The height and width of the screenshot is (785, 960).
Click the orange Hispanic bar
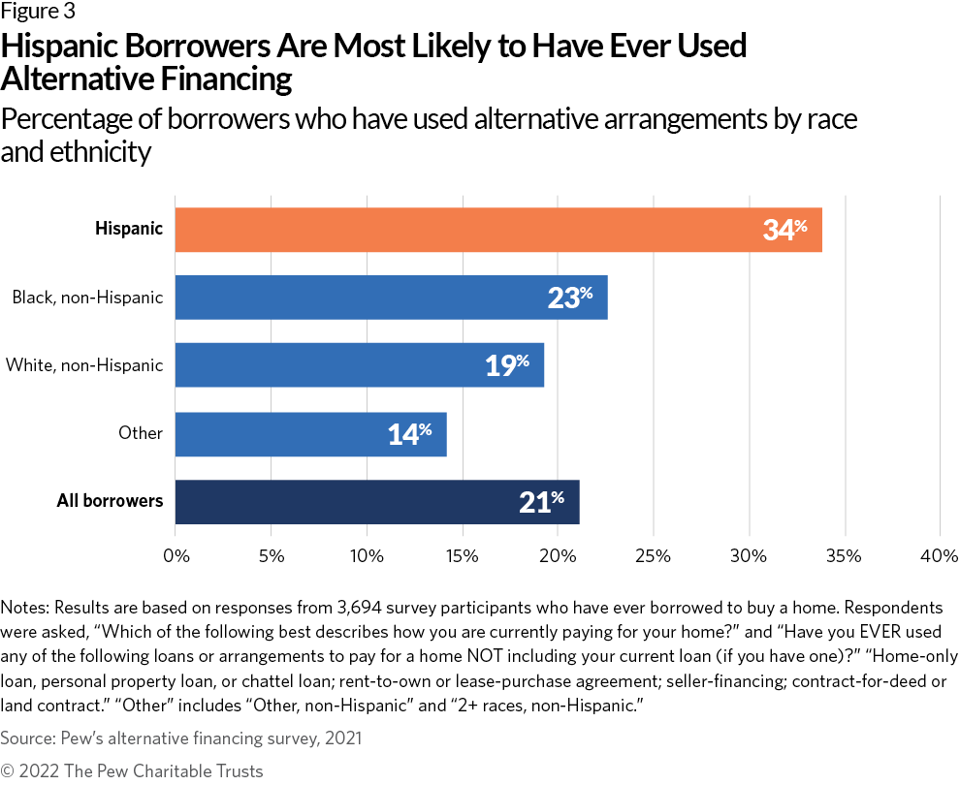(498, 230)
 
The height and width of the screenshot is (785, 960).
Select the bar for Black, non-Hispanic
(391, 298)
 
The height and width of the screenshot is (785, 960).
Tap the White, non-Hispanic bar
(359, 365)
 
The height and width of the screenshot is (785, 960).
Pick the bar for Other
(310, 433)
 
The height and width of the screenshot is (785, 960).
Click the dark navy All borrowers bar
(377, 501)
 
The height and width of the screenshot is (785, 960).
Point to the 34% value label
(784, 230)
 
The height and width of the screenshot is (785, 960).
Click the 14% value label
(409, 433)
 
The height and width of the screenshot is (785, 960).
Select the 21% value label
(541, 501)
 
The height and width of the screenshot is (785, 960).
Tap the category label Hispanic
(129, 230)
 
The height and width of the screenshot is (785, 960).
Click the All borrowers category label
(110, 501)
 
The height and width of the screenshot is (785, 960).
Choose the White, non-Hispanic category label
(84, 365)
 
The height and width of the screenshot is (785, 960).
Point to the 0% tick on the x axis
(176, 556)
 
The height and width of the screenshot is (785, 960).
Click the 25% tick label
(654, 556)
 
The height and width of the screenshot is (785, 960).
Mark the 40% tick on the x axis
(940, 556)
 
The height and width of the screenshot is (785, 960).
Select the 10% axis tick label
(367, 556)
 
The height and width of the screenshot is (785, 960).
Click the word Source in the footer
(25, 738)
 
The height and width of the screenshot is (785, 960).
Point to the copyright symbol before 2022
(9, 771)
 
